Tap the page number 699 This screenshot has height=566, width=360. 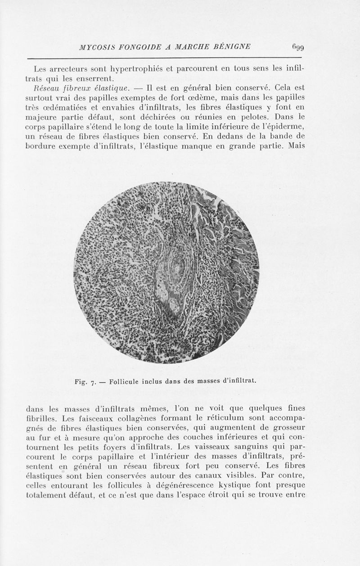click(x=297, y=46)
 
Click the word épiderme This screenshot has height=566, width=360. click(x=285, y=136)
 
